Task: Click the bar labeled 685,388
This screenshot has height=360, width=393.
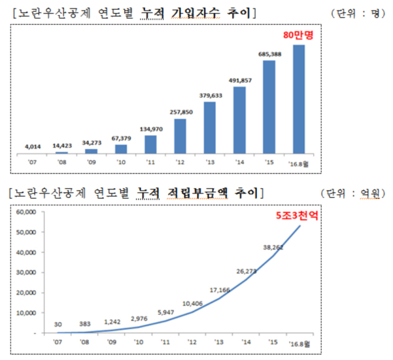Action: coord(269,107)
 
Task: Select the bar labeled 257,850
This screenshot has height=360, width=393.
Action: coord(180,136)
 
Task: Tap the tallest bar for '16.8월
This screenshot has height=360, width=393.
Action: coord(299,99)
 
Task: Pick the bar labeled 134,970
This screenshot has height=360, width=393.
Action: coord(151,145)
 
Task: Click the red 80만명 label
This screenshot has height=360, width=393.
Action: coord(298,35)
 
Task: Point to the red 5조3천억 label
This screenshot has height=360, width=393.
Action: coord(297,215)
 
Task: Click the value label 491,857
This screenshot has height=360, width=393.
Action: coord(240,80)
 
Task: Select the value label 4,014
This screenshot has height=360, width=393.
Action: coord(33,146)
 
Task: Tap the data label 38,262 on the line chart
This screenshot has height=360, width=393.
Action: coord(273,247)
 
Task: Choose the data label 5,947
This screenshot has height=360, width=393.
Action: coord(166,312)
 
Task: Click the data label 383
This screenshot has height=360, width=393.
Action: coord(85,324)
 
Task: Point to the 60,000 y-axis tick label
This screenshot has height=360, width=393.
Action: coord(26,212)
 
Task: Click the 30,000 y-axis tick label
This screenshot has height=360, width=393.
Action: coord(26,272)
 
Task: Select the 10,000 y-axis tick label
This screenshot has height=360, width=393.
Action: coord(26,313)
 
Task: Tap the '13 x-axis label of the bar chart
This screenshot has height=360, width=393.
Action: coord(210,162)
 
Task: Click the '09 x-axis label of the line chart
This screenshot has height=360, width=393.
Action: coord(111,342)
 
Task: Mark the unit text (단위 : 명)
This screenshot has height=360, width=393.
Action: coord(358,13)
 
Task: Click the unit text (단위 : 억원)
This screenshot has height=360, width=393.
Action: coord(353,194)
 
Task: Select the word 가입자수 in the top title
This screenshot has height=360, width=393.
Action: coord(195,13)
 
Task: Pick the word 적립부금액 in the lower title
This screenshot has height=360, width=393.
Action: coord(198,193)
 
